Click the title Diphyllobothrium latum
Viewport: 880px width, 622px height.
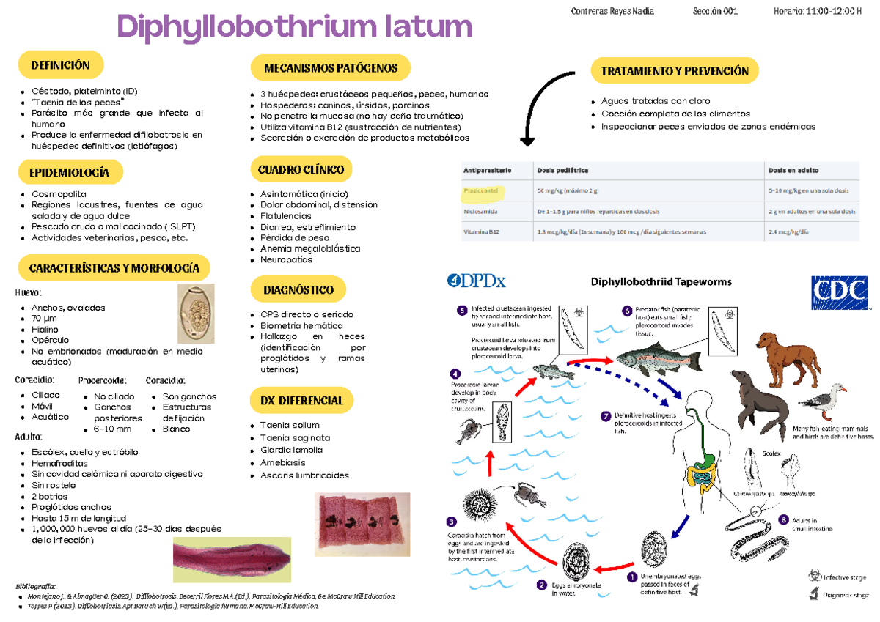click(x=295, y=27)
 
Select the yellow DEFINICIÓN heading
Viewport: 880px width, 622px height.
click(x=60, y=65)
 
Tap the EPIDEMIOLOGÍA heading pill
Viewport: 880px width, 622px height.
click(x=69, y=172)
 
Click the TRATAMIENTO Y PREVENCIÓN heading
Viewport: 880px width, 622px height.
click(x=674, y=71)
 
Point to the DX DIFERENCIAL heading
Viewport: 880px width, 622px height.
click(x=301, y=401)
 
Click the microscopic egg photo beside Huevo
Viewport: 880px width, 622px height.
click(x=196, y=314)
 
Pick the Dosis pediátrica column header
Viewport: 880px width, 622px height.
click(x=563, y=170)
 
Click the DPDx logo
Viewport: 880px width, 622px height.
click(x=477, y=281)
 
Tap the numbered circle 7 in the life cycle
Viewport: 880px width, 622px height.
click(x=605, y=416)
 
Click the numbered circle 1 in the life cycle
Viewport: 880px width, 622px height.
click(x=631, y=577)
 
